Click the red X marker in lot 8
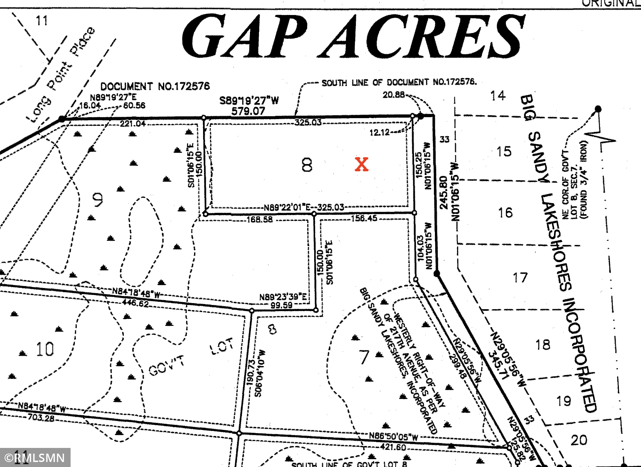coord(361,164)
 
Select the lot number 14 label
coord(498,96)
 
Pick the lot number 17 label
coord(520,278)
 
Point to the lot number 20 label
coord(579,440)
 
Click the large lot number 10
coord(45,349)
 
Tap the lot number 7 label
coord(364,357)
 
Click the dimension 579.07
coord(248,111)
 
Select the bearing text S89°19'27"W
coord(249,100)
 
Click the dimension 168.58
coord(259,220)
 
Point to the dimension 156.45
coord(364,218)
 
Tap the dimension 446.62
coord(136,303)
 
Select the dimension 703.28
coord(41,417)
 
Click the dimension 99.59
coord(281,305)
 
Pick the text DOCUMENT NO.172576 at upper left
coord(155,86)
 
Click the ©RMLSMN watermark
coord(35,458)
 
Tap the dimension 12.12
coord(379,132)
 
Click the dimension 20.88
coord(393,95)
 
